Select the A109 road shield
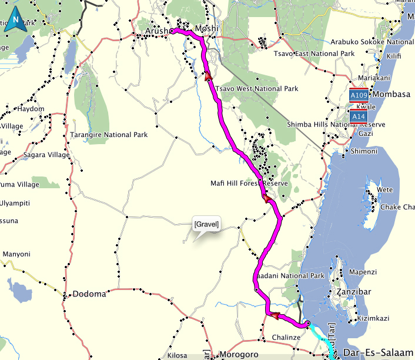pyautogui.click(x=360, y=95)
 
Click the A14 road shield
pyautogui.click(x=360, y=117)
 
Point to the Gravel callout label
pyautogui.click(x=206, y=224)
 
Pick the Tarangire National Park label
pyautogui.click(x=109, y=135)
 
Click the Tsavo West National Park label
pyautogui.click(x=257, y=89)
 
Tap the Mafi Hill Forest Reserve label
pyautogui.click(x=249, y=184)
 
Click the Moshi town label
pyautogui.click(x=206, y=28)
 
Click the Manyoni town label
pyautogui.click(x=16, y=254)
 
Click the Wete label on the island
pyautogui.click(x=384, y=190)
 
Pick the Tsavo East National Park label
pyautogui.click(x=314, y=54)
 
